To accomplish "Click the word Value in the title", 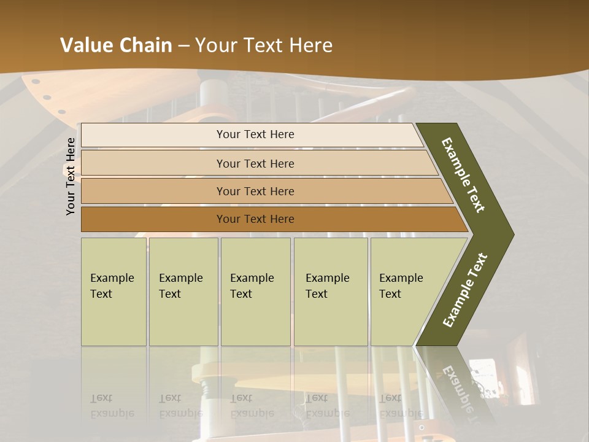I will [x=85, y=45].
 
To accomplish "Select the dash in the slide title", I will [x=183, y=46].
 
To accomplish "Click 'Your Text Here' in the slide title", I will [x=264, y=45].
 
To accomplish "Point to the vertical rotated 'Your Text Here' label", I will [x=71, y=176].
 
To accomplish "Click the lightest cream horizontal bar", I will [x=252, y=134].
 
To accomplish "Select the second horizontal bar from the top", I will [x=258, y=163].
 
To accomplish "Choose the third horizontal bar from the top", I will [x=264, y=191].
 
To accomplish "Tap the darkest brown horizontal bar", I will [x=270, y=219].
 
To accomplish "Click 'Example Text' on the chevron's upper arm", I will [x=463, y=175].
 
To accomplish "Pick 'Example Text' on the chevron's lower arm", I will [x=465, y=290].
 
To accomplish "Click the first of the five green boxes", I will [x=114, y=292].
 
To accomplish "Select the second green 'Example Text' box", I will [x=183, y=292].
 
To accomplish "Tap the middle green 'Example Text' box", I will [x=255, y=292].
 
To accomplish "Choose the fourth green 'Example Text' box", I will [x=330, y=292].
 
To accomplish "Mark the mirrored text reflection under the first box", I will [x=112, y=406].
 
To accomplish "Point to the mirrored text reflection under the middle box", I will [x=252, y=406].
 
